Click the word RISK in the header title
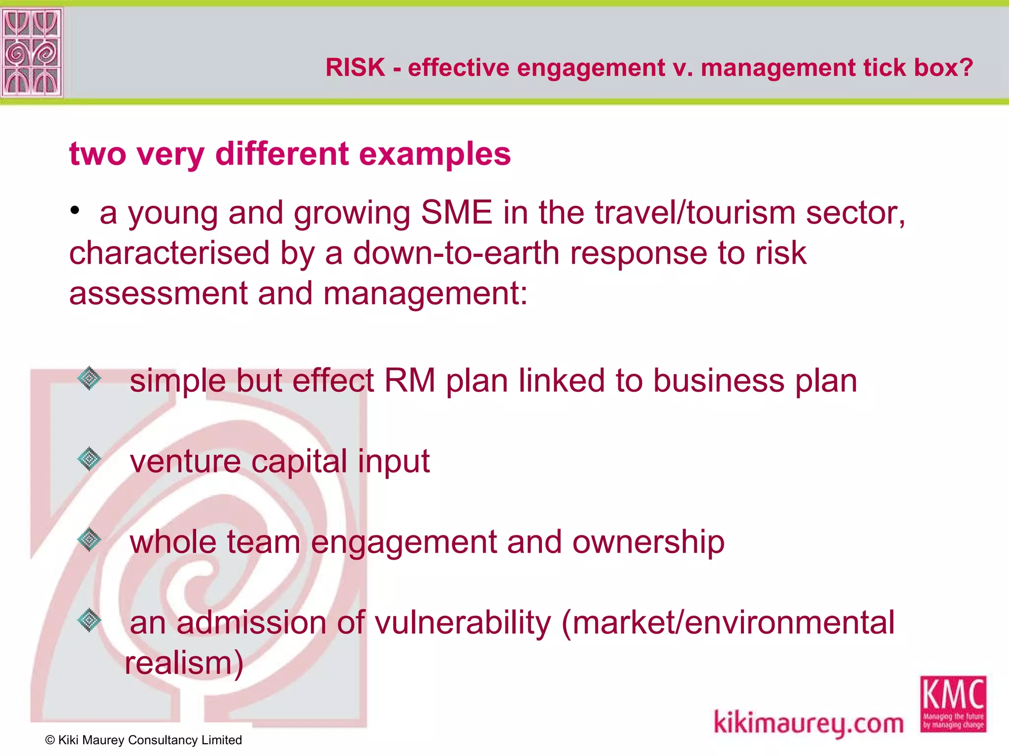tap(355, 67)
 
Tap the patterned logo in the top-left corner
tap(32, 52)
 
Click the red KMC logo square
tap(953, 704)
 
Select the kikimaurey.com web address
tap(808, 723)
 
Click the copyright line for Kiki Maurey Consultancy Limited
tap(143, 740)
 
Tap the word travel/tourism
tap(695, 213)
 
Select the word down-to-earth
tap(456, 253)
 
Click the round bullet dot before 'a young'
tap(74, 211)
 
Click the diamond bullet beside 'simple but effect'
tap(89, 378)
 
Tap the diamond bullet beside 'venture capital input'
tap(89, 459)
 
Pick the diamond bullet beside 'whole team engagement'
tap(89, 539)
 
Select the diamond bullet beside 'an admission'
tap(89, 620)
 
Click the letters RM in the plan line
tap(409, 381)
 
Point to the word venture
tap(185, 462)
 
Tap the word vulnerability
tap(463, 623)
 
